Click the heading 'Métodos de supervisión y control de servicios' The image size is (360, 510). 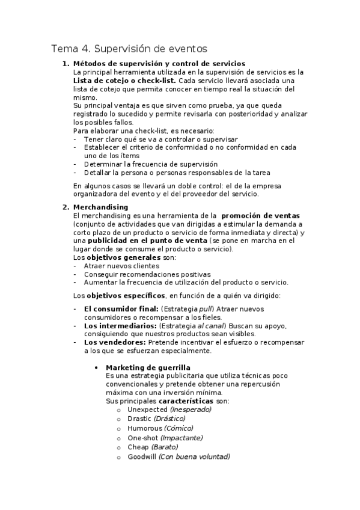pos(159,64)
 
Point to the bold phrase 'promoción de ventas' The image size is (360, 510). pos(261,215)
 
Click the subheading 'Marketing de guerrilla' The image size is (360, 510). pos(148,367)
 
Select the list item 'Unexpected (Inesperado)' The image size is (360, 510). pos(169,409)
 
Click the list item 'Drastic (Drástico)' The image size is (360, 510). pos(156,419)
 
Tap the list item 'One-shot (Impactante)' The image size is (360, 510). pos(165,438)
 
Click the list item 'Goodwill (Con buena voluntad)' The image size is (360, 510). pos(178,457)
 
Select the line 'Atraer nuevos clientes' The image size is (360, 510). pos(121,265)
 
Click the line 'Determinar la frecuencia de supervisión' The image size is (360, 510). pos(151,164)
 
